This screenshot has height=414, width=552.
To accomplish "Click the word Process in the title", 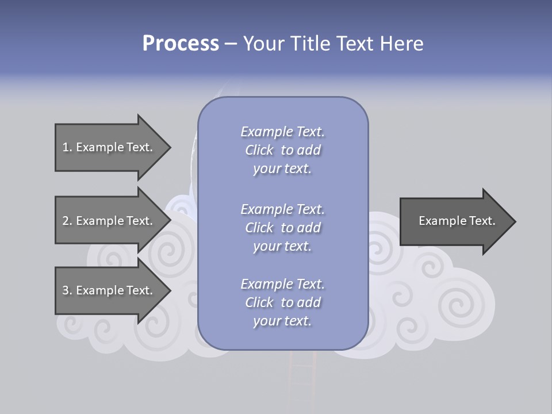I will pos(181,44).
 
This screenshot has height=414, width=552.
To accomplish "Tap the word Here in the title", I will pos(402,44).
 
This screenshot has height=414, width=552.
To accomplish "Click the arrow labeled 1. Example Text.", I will pos(109,147).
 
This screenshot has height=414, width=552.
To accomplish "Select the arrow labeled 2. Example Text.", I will pos(109,221).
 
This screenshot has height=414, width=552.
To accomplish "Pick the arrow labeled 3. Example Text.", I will pos(109,290).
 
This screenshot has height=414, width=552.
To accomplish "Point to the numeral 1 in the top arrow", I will pos(66,148).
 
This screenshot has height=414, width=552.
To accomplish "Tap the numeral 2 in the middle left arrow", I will pos(66,221).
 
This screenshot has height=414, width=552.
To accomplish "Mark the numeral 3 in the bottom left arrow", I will pos(66,291).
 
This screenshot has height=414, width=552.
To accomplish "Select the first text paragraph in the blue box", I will pos(282,150).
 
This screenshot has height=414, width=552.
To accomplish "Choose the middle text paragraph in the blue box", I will pos(282,228).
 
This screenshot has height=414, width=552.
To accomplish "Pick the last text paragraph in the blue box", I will pos(282,302).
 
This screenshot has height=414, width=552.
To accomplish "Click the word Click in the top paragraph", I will pos(259,150).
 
